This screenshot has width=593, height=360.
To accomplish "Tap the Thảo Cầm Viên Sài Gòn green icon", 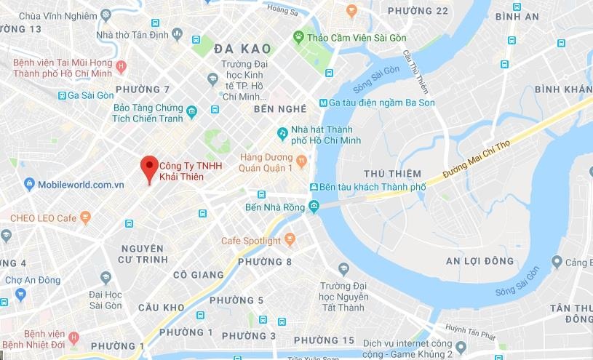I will (298, 36).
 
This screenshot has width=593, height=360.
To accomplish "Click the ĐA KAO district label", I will (243, 49).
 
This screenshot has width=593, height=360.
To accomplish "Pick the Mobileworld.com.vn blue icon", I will (30, 184).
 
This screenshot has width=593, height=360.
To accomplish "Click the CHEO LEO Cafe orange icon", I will (85, 217).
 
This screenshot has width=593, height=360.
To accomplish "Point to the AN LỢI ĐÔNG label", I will (479, 261).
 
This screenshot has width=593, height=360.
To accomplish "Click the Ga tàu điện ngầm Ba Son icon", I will (323, 103).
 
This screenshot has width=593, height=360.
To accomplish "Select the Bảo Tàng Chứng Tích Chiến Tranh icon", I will (191, 112).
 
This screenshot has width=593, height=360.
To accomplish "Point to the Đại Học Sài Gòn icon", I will (106, 277).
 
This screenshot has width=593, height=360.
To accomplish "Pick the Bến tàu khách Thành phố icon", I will (313, 186).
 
